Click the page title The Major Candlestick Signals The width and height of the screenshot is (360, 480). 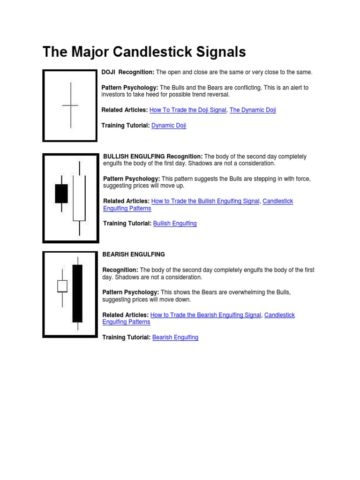click(x=144, y=52)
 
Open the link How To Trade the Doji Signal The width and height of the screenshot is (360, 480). click(x=188, y=110)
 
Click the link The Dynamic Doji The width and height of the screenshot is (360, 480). click(x=253, y=110)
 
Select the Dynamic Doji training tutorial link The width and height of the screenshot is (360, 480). click(x=169, y=126)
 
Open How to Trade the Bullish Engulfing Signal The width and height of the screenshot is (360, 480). click(x=205, y=201)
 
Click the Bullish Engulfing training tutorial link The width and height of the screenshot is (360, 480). click(x=175, y=224)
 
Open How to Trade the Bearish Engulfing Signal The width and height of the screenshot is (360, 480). click(x=205, y=315)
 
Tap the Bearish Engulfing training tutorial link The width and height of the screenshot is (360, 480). click(x=175, y=337)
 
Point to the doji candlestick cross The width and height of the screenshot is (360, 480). click(x=70, y=105)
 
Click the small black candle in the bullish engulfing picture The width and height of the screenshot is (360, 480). click(x=61, y=194)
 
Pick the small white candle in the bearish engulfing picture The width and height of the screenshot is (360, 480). click(x=62, y=286)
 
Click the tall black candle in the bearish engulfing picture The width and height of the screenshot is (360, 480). click(x=77, y=293)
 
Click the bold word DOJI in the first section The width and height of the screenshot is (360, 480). click(x=108, y=72)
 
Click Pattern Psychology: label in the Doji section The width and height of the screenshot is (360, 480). click(x=130, y=88)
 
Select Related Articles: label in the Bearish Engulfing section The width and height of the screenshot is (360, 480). click(x=125, y=315)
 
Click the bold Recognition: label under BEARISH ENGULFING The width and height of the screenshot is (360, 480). click(x=120, y=270)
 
